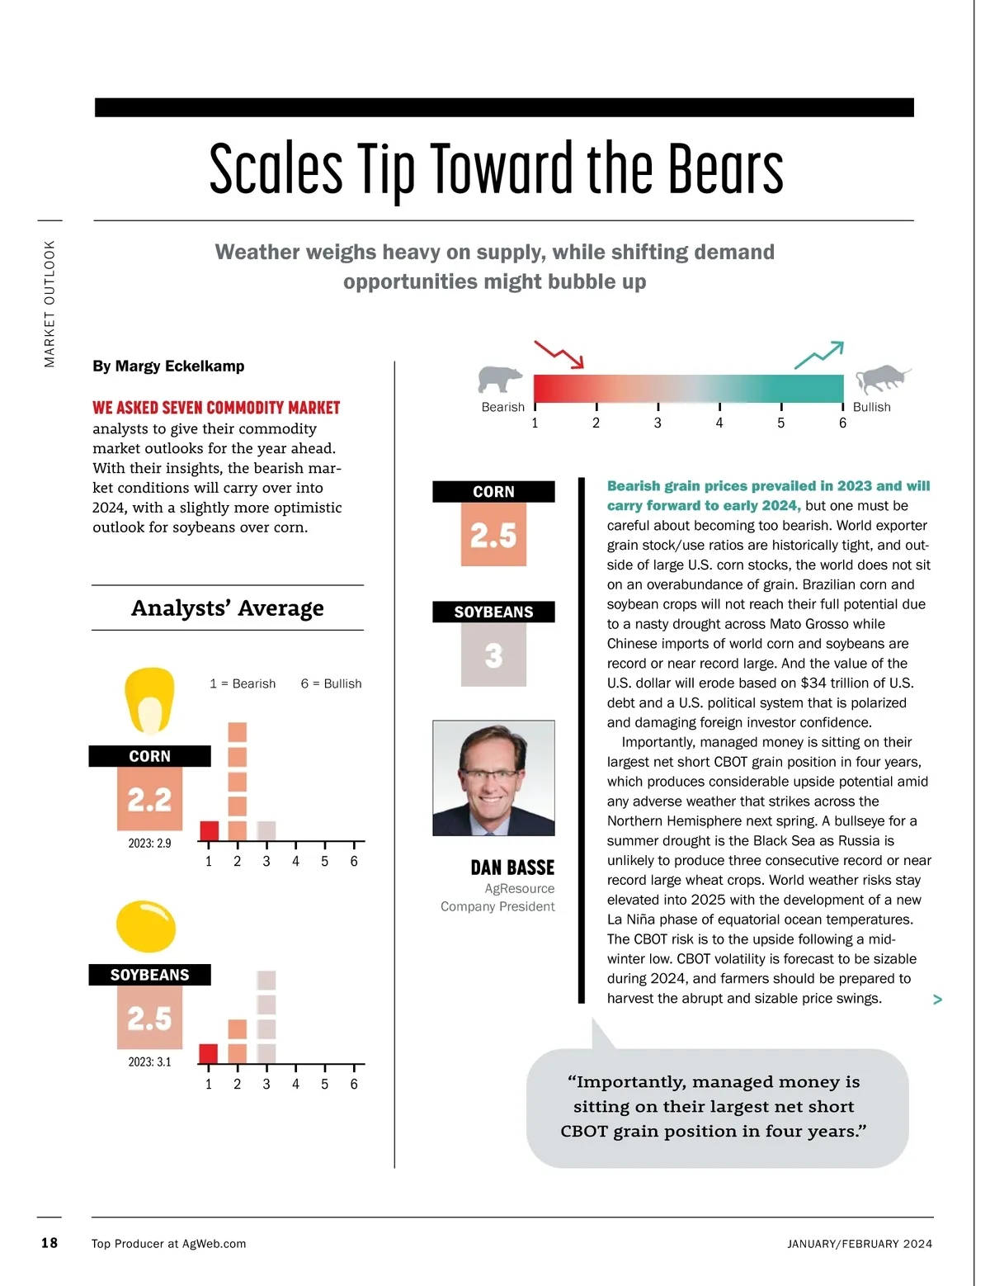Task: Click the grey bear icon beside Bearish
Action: click(x=500, y=380)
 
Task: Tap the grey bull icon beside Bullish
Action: click(x=881, y=380)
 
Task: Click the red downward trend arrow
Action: click(x=559, y=354)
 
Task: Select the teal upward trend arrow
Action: click(x=819, y=355)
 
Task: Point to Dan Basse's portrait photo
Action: click(x=493, y=778)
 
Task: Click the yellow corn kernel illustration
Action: click(x=150, y=701)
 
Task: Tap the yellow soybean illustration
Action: click(x=146, y=927)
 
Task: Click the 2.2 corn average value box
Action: click(x=149, y=799)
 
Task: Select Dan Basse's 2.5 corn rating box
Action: click(x=493, y=535)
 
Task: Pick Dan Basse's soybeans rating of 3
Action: click(x=493, y=655)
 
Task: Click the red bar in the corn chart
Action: click(x=210, y=830)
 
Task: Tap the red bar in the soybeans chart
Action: click(x=209, y=1053)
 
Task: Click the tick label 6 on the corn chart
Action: click(x=354, y=862)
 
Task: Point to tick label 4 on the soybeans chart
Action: click(x=295, y=1085)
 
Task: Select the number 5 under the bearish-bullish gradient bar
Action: click(x=780, y=423)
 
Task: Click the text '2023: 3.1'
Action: click(x=149, y=1062)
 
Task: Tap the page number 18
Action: click(x=49, y=1243)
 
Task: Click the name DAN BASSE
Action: click(x=512, y=868)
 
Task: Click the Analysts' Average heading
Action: click(x=228, y=608)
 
